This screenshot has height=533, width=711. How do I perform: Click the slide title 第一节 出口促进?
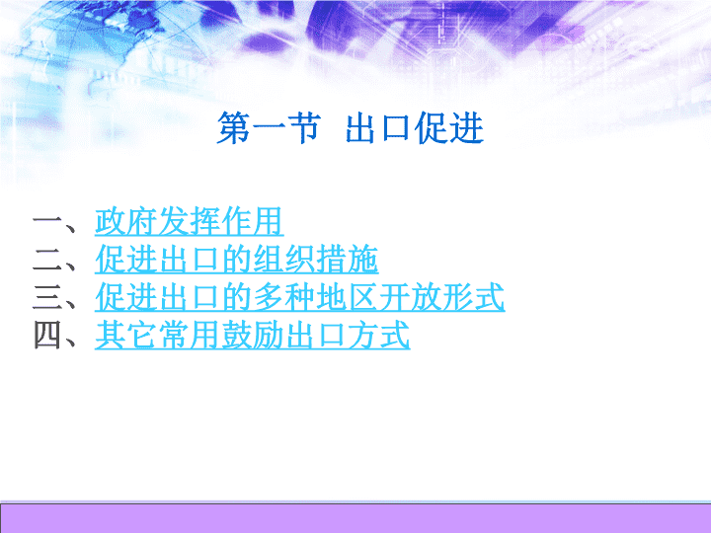click(x=350, y=128)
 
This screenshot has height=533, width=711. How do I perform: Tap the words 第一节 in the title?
click(x=269, y=128)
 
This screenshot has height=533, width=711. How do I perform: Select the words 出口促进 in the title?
click(x=415, y=128)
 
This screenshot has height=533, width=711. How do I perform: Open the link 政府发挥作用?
click(x=189, y=222)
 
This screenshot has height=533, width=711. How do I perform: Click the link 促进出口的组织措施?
click(x=236, y=260)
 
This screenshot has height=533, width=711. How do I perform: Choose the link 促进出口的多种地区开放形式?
click(x=300, y=297)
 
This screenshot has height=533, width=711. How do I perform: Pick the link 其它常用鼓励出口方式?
click(x=252, y=336)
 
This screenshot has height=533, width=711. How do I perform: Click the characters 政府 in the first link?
click(x=126, y=222)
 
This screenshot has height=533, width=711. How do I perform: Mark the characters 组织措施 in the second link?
click(x=316, y=260)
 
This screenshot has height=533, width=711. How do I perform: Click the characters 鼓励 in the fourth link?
click(x=252, y=336)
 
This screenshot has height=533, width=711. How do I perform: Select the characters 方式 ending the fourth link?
click(x=379, y=336)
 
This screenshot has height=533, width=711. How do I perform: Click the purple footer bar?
click(x=355, y=518)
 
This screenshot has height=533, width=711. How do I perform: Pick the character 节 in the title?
click(x=304, y=128)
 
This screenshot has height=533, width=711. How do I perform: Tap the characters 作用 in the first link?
click(x=253, y=222)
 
